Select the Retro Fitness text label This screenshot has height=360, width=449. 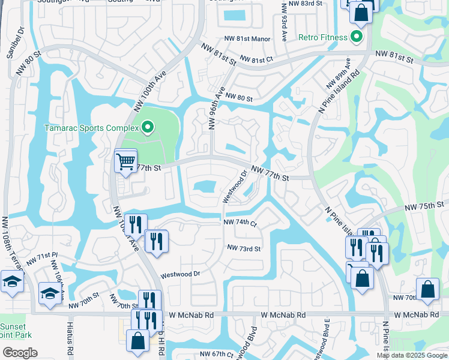(323, 37)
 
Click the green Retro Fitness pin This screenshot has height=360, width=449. (357, 37)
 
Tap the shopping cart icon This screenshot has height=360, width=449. (125, 161)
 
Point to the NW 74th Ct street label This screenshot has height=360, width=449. (240, 222)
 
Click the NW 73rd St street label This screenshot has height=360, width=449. (244, 248)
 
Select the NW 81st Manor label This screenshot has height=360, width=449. (247, 39)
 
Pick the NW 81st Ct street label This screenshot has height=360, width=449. (257, 59)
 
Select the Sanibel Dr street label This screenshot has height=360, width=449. (15, 41)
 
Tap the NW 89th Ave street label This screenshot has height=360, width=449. (338, 72)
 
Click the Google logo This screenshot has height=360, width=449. (19, 353)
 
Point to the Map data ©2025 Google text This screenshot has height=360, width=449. (411, 355)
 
